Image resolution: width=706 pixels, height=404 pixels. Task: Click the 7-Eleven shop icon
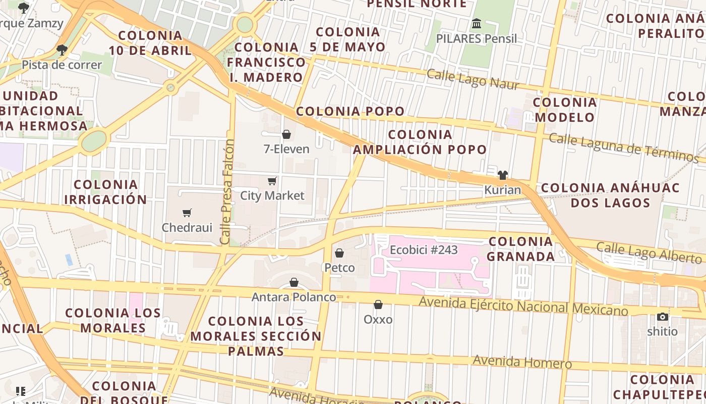pos(286,134)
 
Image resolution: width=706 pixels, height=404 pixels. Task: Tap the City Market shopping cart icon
pos(272,181)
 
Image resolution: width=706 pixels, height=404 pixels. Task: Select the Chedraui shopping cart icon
pos(187,213)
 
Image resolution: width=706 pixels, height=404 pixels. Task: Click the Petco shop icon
pos(339,252)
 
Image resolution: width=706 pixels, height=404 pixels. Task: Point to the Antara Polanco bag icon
pos(294,282)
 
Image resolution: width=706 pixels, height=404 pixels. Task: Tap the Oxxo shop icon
pos(378,305)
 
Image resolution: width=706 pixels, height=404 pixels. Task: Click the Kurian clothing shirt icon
pos(502,175)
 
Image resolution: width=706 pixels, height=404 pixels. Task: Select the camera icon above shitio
pos(663,317)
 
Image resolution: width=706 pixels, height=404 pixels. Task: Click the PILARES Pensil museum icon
pos(477,24)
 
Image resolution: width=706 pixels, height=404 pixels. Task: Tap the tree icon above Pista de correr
pos(62,49)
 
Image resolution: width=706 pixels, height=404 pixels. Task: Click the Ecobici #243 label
pos(424,250)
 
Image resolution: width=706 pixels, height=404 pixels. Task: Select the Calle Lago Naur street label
pos(473,80)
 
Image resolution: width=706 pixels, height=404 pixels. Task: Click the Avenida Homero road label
pos(522,362)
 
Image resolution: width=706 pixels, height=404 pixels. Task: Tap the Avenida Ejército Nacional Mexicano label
pos(523,306)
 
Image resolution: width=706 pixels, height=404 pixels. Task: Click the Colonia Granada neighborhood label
pos(521,248)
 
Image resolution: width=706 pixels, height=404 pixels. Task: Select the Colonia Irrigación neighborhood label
pos(105,192)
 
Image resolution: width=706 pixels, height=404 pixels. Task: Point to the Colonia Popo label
pos(350,111)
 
